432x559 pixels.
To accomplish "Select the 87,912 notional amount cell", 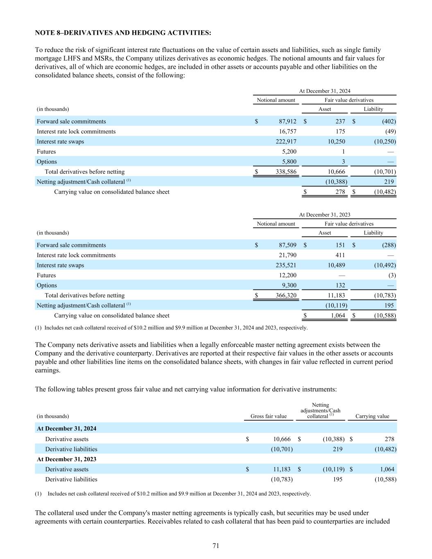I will pyautogui.click(x=287, y=121).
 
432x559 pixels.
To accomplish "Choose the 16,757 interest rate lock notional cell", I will pyautogui.click(x=287, y=131).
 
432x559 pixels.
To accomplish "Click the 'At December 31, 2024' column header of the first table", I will pyautogui.click(x=324, y=91).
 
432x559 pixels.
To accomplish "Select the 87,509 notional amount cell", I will pyautogui.click(x=287, y=245).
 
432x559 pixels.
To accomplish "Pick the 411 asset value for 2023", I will pyautogui.click(x=339, y=255).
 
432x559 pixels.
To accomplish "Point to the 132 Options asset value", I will pyautogui.click(x=339, y=285).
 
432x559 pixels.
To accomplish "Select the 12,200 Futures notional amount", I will pyautogui.click(x=287, y=275).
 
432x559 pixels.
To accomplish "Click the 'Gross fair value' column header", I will pyautogui.click(x=268, y=416).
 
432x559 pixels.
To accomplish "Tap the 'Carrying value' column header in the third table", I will pyautogui.click(x=372, y=416).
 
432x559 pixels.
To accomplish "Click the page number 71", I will pyautogui.click(x=216, y=545).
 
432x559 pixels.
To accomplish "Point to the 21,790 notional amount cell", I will pyautogui.click(x=287, y=255).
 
